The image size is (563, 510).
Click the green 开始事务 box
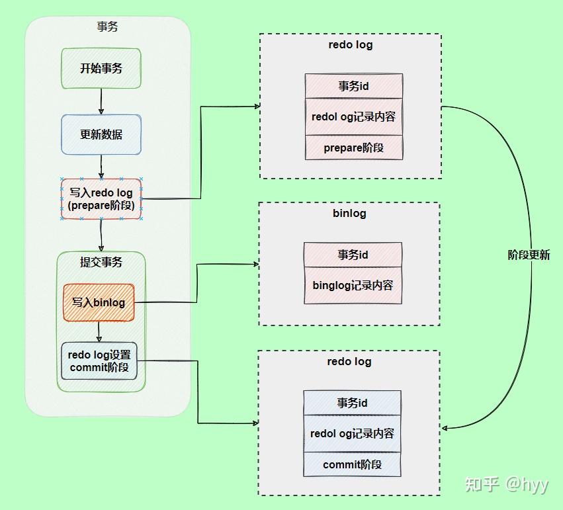point(101,68)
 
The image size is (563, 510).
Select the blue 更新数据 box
point(101,134)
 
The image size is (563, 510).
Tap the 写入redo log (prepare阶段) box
point(101,199)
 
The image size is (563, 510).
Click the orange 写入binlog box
point(99,302)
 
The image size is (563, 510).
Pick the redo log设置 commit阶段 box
point(99,361)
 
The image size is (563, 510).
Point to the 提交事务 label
point(101,262)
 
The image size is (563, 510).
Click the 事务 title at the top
point(107,27)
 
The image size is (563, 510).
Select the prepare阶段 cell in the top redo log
point(353,148)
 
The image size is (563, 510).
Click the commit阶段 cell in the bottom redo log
point(352,464)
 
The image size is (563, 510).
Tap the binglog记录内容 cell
point(353,285)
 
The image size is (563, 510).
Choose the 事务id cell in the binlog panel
point(353,255)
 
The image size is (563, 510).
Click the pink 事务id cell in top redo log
point(353,86)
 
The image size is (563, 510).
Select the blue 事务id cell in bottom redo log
point(352,403)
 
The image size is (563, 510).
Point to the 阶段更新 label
point(529,255)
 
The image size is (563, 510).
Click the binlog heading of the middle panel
point(349,214)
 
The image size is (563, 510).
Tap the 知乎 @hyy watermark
point(506,484)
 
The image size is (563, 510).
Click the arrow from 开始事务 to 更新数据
point(101,101)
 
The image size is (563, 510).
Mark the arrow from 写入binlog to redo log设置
point(99,331)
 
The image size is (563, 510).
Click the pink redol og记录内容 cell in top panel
point(353,116)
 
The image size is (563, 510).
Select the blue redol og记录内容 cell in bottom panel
point(352,433)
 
